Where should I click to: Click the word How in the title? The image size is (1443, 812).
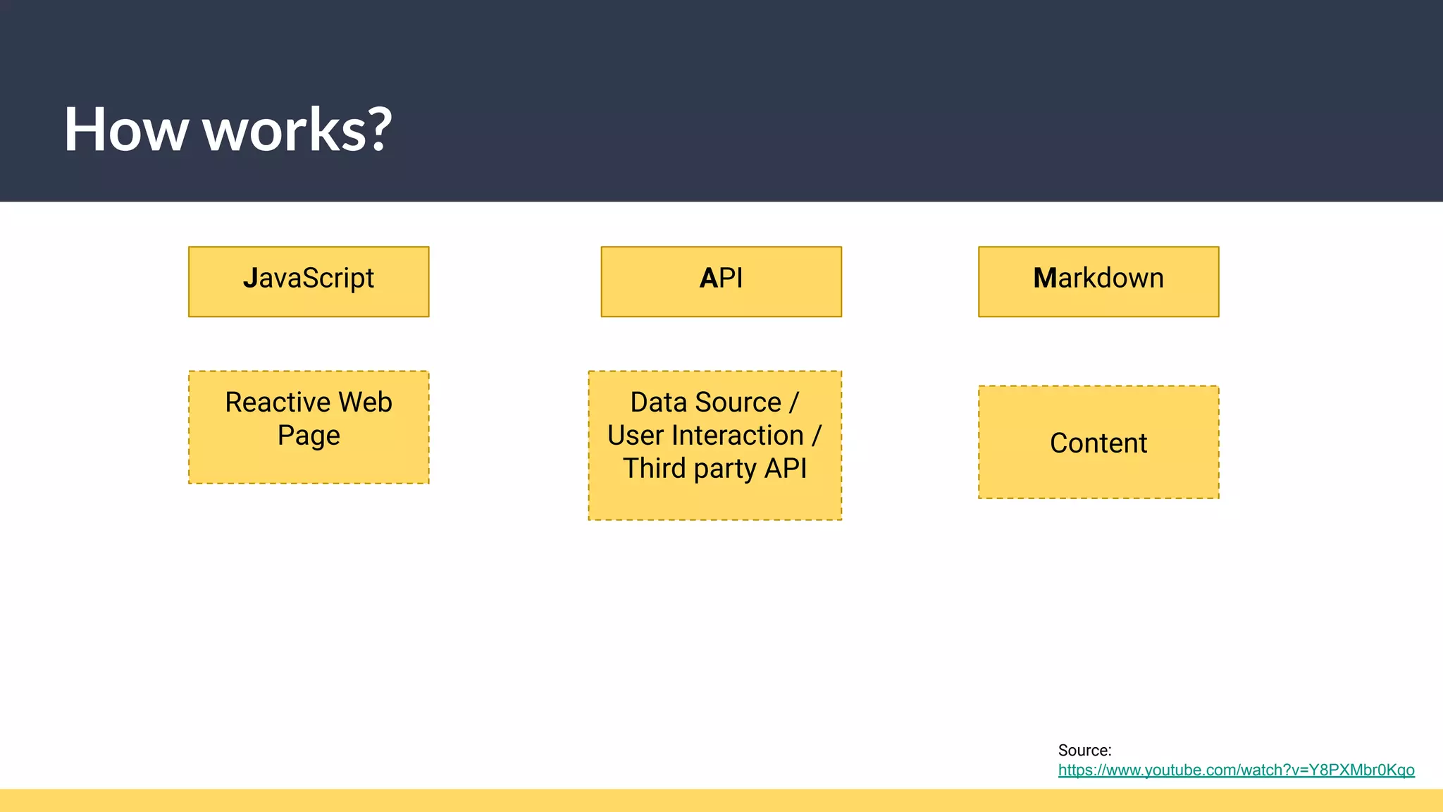(x=125, y=130)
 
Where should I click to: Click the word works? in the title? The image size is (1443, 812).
(x=297, y=131)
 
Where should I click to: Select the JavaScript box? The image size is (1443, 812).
(x=309, y=281)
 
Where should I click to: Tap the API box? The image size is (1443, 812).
(x=721, y=281)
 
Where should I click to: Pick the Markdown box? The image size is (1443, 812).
(x=1098, y=281)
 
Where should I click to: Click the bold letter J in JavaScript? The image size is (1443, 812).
(x=250, y=278)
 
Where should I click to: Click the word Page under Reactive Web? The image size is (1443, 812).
(x=309, y=436)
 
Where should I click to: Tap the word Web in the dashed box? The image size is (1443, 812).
(x=365, y=402)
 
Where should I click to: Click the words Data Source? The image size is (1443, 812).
(x=705, y=402)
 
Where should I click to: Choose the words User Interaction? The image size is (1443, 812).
(x=705, y=436)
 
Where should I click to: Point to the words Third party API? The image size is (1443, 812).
(x=714, y=469)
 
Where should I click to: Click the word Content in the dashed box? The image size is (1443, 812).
(x=1098, y=443)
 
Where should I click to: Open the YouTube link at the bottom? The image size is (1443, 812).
(x=1236, y=770)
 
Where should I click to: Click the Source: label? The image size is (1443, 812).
(x=1084, y=750)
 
